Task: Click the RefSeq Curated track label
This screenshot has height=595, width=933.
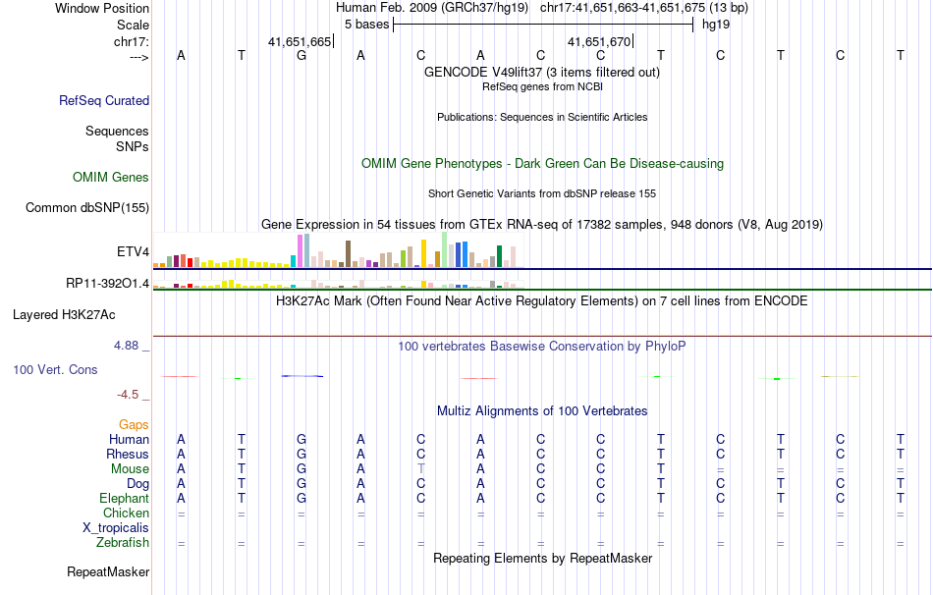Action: pos(104,100)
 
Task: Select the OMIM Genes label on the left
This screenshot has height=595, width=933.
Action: pos(111,178)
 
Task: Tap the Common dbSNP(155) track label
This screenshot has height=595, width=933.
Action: pos(87,207)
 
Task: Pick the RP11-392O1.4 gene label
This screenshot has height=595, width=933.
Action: pos(107,283)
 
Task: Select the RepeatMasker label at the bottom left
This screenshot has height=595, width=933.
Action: pos(108,571)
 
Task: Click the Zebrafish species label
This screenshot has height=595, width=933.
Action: pos(123,543)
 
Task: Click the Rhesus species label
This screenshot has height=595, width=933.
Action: pos(128,455)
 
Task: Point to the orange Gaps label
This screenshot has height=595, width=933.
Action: pos(134,424)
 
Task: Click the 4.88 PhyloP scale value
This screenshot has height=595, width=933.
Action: pos(128,346)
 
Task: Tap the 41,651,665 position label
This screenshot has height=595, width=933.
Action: pos(300,41)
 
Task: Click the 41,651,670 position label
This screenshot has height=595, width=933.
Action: pos(599,41)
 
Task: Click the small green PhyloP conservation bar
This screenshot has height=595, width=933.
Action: pos(776,379)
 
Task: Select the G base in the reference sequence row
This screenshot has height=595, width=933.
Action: pos(302,56)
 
